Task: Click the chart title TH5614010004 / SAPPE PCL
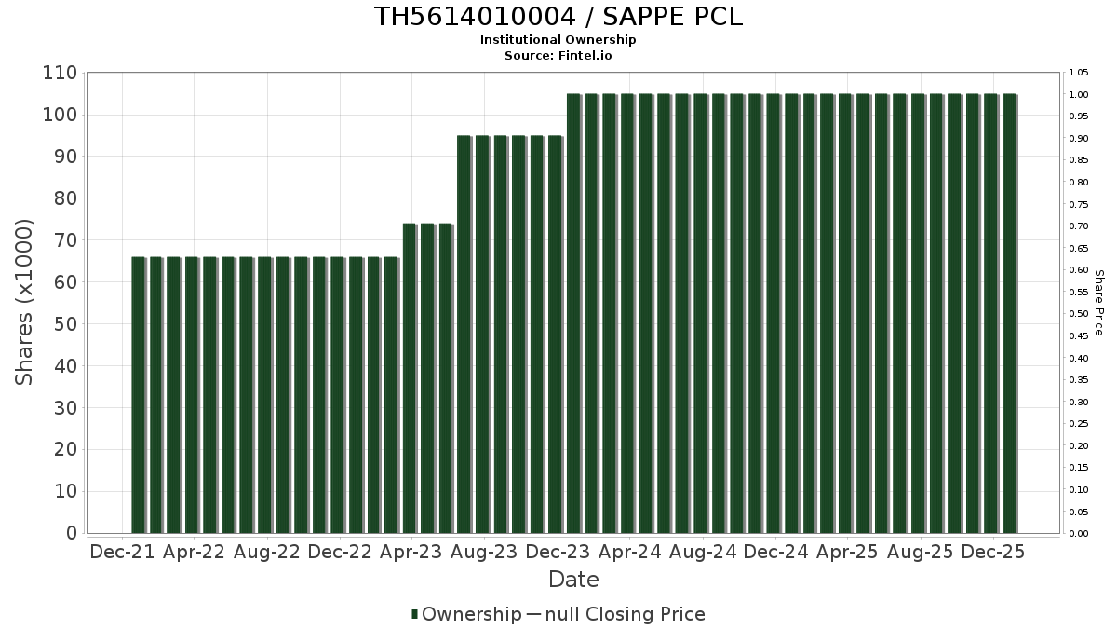558,17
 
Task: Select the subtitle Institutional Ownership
558,40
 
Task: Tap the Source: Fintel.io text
558,55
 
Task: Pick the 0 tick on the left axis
71,533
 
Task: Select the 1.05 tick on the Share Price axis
1079,73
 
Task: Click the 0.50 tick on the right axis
1079,314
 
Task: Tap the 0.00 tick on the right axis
1079,534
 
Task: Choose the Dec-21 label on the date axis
122,553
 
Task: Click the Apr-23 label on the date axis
412,553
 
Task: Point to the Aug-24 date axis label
703,553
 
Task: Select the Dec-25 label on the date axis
993,553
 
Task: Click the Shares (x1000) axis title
25,302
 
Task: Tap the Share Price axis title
1098,302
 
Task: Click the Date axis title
573,580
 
